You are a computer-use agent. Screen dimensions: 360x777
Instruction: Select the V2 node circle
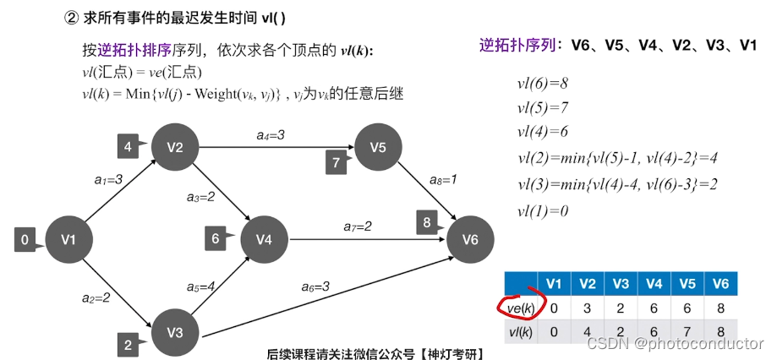175,146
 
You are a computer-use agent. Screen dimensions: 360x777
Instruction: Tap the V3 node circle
175,331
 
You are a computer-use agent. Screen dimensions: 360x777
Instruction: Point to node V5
378,146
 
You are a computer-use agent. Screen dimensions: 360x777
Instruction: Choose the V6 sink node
470,240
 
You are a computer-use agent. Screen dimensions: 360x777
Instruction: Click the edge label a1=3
108,180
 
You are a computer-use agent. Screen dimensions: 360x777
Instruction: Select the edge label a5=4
200,286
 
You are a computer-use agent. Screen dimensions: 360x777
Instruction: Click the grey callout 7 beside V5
336,161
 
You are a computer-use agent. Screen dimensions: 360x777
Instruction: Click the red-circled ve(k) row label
517,307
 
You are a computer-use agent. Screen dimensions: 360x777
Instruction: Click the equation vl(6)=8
542,84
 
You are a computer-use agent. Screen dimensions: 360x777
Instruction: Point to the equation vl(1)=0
542,210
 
